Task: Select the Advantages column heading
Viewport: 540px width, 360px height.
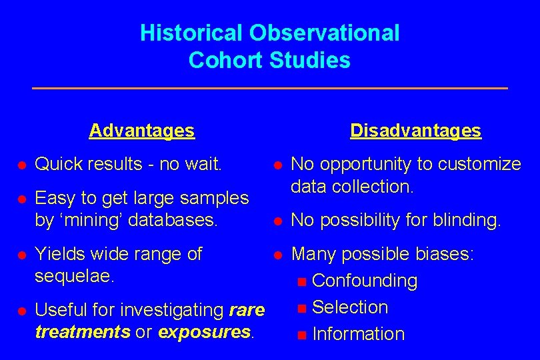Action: click(142, 130)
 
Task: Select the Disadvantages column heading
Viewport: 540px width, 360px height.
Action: click(415, 131)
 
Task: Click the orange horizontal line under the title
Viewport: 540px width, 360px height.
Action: click(270, 88)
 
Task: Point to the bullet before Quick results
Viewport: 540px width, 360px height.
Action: click(21, 165)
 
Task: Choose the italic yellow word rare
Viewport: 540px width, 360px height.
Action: click(247, 310)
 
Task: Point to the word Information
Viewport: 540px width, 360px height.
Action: click(358, 334)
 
